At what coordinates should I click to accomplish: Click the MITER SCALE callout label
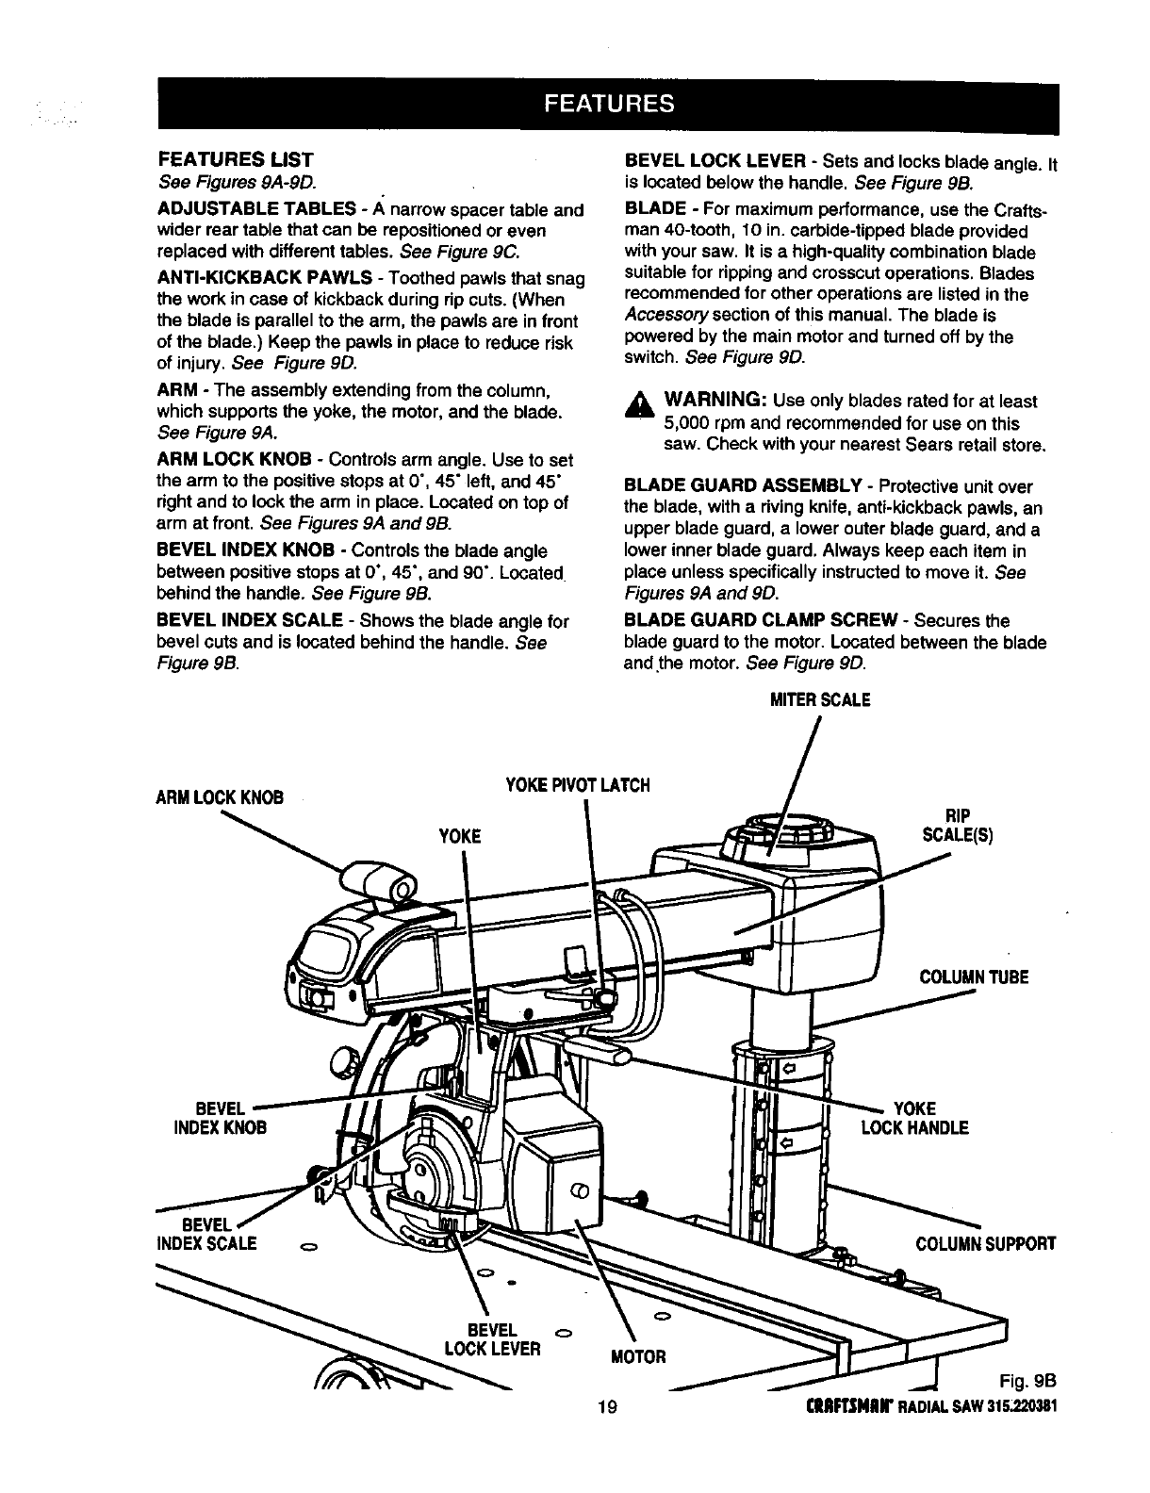coord(820,700)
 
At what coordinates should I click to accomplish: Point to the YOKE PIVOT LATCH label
coord(578,785)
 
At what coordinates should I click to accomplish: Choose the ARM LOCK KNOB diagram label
coord(219,796)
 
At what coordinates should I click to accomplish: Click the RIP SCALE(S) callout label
coord(957,826)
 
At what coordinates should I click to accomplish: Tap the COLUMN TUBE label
coord(974,977)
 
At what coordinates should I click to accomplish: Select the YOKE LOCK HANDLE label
coord(914,1118)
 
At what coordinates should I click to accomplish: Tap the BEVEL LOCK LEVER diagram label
coord(493,1339)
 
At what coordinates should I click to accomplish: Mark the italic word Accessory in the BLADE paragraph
coord(658,316)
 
